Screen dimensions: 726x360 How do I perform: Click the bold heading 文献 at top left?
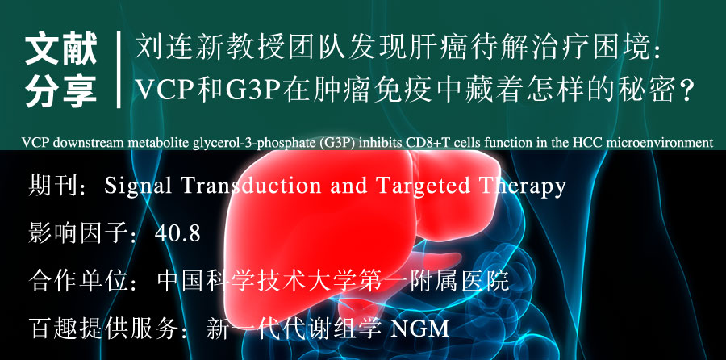coord(60,48)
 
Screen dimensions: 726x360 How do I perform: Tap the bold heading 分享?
coord(60,90)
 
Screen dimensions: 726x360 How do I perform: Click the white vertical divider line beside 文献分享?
coord(119,69)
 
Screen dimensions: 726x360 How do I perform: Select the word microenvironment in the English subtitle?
coord(665,143)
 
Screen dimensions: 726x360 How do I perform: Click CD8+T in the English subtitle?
coord(427,143)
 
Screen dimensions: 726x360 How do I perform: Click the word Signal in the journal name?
coord(138,186)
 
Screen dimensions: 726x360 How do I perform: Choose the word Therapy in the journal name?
coord(522,186)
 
